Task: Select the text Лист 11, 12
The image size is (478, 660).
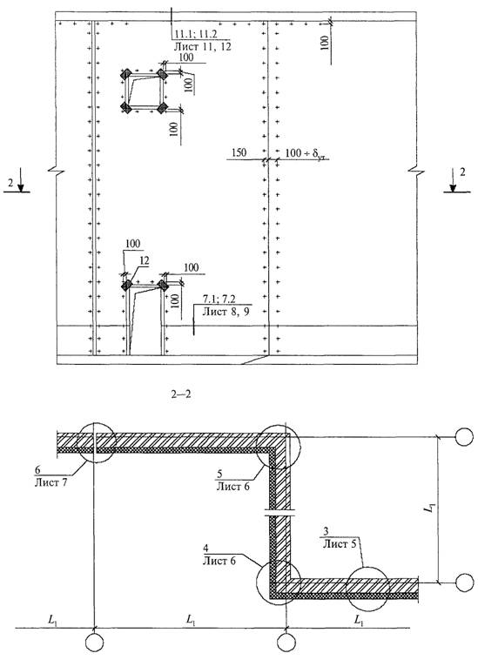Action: point(202,46)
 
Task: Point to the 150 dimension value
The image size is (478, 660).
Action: point(239,152)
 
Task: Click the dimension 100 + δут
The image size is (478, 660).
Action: point(306,153)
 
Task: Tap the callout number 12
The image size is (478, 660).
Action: point(145,261)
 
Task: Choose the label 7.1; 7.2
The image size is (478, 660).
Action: point(219,300)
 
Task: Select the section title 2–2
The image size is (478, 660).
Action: point(181,394)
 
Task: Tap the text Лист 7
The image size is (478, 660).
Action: point(50,482)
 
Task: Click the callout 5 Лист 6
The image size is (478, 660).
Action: point(232,481)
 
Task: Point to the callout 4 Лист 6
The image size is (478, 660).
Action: point(219,555)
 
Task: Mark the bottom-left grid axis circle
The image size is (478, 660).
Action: point(94,643)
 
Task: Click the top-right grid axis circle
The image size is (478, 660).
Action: point(465,437)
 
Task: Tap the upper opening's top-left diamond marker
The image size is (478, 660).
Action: point(125,75)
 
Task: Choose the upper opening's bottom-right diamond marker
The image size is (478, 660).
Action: point(163,108)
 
